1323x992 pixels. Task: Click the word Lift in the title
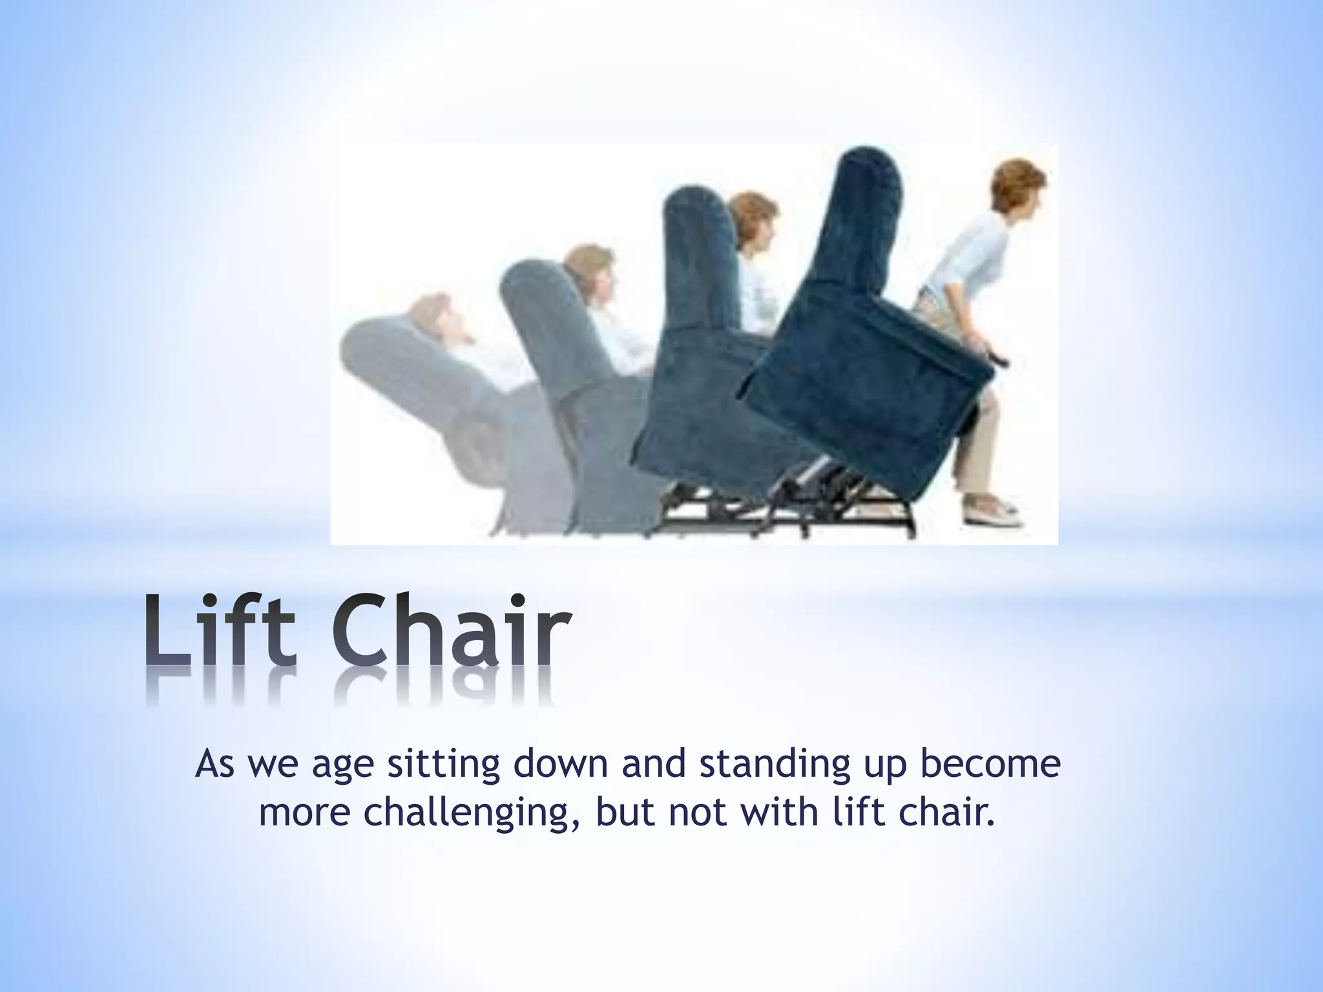pyautogui.click(x=220, y=630)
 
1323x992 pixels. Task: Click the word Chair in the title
pyautogui.click(x=452, y=630)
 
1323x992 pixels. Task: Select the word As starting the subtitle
pyautogui.click(x=215, y=764)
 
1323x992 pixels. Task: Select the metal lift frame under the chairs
pyautogui.click(x=788, y=517)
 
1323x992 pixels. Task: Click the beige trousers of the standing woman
pyautogui.click(x=975, y=439)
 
